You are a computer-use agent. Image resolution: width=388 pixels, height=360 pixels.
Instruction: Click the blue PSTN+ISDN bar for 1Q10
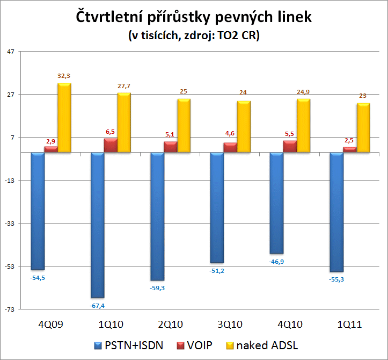(97, 225)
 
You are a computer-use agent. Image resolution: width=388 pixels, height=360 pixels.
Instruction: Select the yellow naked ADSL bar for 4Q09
(65, 118)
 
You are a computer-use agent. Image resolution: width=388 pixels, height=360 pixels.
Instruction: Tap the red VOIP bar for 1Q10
(111, 146)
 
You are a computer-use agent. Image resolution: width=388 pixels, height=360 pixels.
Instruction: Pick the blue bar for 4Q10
(276, 203)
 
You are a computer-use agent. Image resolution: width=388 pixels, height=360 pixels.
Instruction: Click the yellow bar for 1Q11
(363, 128)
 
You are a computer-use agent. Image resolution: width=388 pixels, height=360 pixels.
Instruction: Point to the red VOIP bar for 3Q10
(230, 148)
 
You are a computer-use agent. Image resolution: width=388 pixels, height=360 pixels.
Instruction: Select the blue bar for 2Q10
(157, 216)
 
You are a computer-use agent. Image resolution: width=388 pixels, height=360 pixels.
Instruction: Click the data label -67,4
(98, 306)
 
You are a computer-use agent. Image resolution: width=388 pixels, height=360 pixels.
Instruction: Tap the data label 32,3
(65, 76)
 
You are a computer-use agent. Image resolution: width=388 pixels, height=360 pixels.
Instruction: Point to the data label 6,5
(111, 132)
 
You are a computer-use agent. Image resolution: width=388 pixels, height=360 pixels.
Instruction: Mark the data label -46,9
(277, 261)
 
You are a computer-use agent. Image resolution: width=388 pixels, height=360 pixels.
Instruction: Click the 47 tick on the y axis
(12, 52)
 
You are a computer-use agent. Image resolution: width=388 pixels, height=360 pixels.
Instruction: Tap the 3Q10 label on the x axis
(229, 325)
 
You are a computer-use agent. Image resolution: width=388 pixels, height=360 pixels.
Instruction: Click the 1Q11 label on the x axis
(348, 325)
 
